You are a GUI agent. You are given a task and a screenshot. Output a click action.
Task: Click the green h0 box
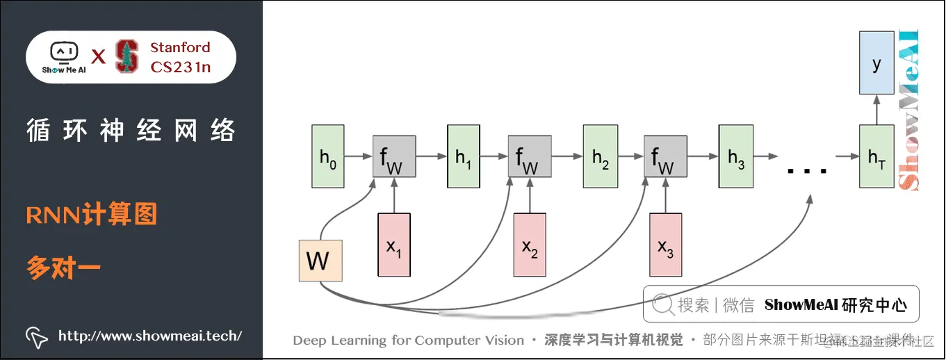click(x=328, y=157)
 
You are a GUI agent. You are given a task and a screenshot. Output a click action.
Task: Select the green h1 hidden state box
click(x=464, y=157)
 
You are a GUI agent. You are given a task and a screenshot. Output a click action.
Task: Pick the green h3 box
click(x=736, y=157)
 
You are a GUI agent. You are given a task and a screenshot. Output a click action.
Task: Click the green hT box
click(x=876, y=157)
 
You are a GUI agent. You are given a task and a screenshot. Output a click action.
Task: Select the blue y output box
click(x=876, y=63)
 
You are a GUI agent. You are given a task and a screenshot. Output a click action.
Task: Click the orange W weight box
click(x=318, y=261)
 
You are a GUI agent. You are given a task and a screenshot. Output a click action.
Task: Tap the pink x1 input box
click(x=394, y=245)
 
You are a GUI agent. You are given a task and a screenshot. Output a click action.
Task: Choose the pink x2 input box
click(x=530, y=245)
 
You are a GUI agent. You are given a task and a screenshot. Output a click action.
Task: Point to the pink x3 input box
click(x=666, y=245)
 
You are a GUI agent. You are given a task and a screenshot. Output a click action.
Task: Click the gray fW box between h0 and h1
click(x=394, y=157)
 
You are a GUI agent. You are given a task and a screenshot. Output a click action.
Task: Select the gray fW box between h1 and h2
click(x=530, y=157)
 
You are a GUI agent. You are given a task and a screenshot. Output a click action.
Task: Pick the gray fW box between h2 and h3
click(x=665, y=157)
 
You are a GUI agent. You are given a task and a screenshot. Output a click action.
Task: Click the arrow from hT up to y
click(x=876, y=110)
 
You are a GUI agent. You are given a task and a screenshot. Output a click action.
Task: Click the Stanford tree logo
click(x=127, y=57)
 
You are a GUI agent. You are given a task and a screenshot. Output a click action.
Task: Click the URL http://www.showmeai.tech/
click(x=150, y=336)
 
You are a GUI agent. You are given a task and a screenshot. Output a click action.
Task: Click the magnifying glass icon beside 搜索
click(x=662, y=304)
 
